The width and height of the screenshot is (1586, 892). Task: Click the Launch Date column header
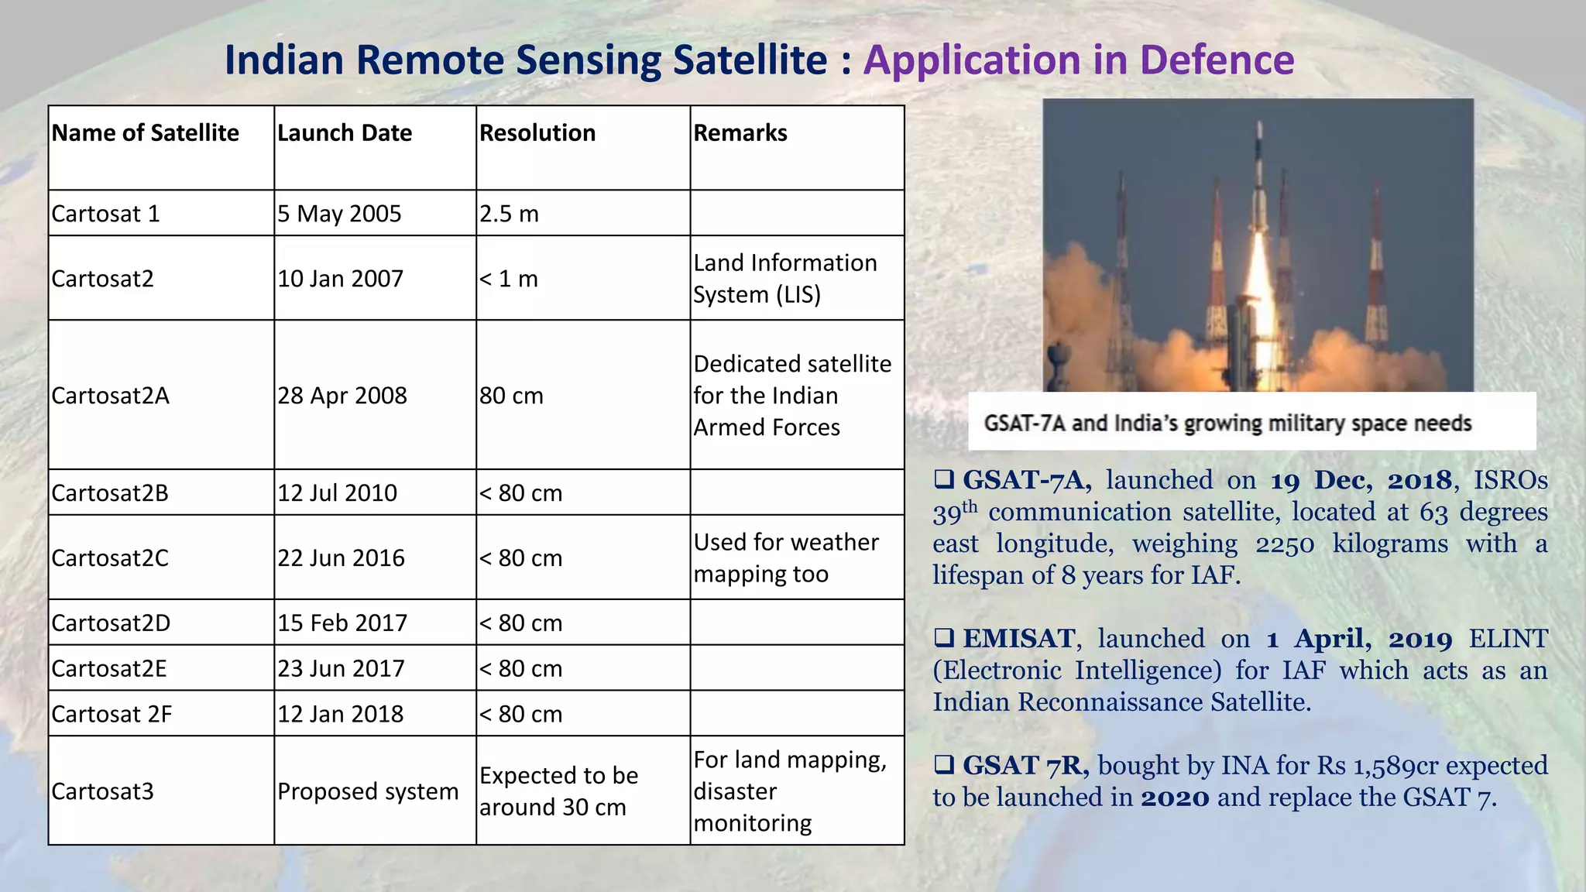tap(345, 133)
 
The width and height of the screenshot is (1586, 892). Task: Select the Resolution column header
tap(537, 133)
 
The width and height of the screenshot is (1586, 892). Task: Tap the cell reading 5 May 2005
tap(340, 214)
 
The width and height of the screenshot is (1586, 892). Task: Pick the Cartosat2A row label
tap(111, 396)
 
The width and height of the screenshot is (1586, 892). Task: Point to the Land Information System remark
tap(784, 279)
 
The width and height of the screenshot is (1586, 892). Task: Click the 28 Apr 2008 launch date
tap(342, 396)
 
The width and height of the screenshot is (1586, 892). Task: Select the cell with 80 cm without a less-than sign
tap(511, 396)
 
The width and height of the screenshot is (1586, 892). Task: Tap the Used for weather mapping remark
tap(785, 557)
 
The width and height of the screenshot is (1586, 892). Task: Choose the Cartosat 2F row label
tap(112, 714)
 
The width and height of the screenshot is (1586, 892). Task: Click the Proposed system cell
tap(368, 791)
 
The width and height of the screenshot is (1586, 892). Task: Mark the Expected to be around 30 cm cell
tap(558, 791)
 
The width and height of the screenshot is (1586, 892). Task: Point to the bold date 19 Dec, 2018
tap(1361, 480)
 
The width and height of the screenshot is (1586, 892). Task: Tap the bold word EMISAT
tap(1018, 639)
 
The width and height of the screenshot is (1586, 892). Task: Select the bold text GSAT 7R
tap(1025, 766)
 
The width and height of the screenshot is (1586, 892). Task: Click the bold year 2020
tap(1175, 798)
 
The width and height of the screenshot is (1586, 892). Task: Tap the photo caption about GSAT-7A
tap(1227, 424)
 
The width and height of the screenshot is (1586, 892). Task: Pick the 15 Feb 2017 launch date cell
tap(342, 623)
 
